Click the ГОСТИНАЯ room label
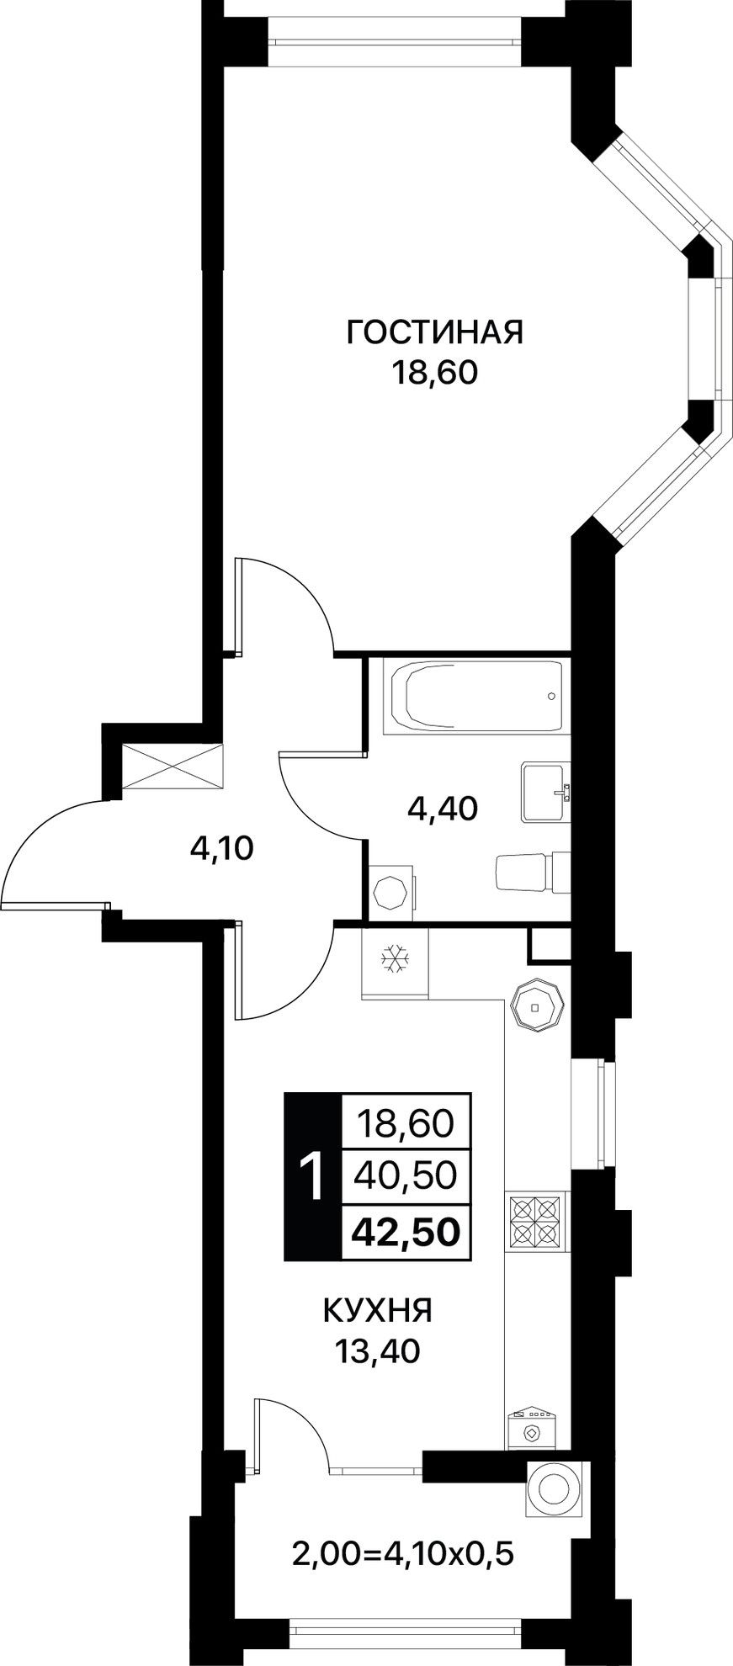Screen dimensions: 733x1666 (435, 332)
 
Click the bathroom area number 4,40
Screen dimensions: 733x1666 (442, 809)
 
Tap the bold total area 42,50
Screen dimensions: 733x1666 (406, 1231)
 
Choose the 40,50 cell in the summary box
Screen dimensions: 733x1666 (406, 1175)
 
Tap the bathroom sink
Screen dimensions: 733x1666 (545, 792)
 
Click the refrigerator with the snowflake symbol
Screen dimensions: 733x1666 (394, 961)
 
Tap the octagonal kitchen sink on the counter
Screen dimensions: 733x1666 (536, 1005)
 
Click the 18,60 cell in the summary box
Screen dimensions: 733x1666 (406, 1122)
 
